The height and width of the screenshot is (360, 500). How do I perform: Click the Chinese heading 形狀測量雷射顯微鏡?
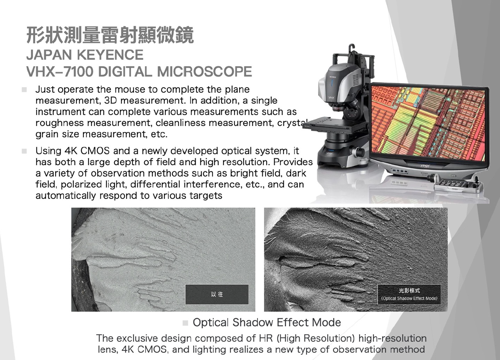[110, 35]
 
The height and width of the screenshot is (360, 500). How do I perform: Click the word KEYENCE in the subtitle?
[110, 55]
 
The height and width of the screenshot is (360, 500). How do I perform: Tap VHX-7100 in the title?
[59, 71]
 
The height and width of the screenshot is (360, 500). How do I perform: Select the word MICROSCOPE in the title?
[205, 71]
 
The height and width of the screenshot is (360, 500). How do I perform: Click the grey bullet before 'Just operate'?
[24, 90]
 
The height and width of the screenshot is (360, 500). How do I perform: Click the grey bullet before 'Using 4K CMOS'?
[24, 151]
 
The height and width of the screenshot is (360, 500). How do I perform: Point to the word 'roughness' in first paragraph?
[59, 123]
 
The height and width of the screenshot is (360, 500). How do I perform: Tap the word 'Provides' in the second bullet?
[293, 162]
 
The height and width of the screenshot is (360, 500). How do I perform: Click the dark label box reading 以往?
[217, 294]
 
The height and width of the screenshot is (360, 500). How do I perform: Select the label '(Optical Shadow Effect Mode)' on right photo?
[409, 299]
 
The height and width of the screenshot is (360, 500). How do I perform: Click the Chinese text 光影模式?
[409, 291]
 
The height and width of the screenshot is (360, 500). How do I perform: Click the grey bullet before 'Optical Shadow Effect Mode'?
[185, 323]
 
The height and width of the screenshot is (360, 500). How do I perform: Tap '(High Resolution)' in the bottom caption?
[316, 338]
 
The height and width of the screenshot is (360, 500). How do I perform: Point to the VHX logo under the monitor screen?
[425, 166]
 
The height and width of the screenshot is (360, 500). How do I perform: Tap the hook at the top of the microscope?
[352, 48]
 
